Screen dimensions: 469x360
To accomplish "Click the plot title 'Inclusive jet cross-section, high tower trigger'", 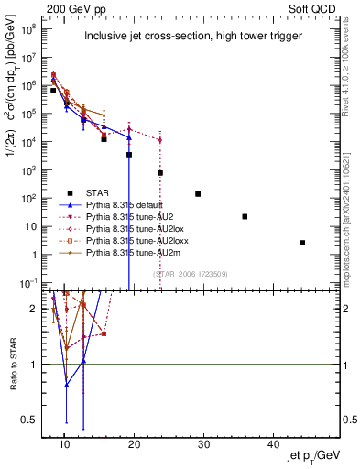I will coord(191,37).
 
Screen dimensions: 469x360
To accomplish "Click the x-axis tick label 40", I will coord(272,443).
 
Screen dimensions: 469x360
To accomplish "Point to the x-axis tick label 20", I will coord(134,443).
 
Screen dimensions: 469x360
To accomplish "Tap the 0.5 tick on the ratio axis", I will coord(32,420).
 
